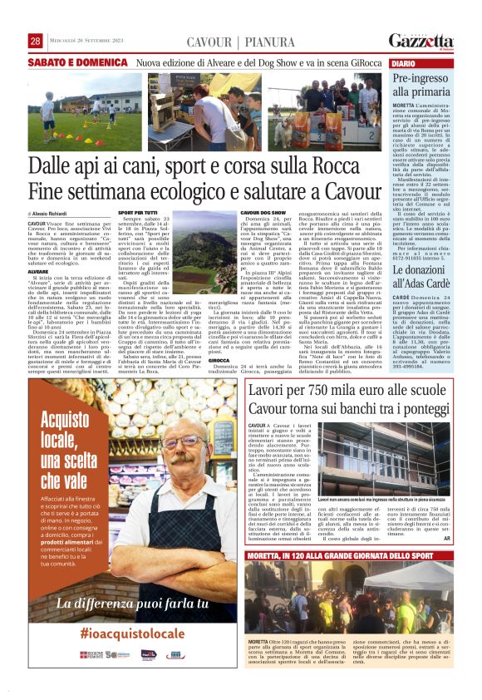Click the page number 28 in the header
point(35,42)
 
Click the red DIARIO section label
point(404,63)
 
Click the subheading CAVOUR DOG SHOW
point(263,214)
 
